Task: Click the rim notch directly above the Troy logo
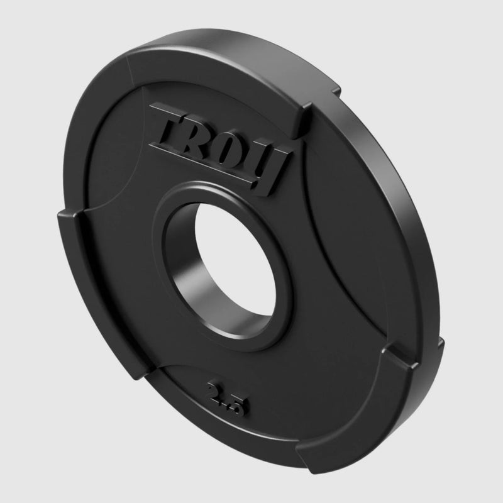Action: tap(306, 114)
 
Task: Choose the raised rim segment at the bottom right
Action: tap(352, 415)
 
